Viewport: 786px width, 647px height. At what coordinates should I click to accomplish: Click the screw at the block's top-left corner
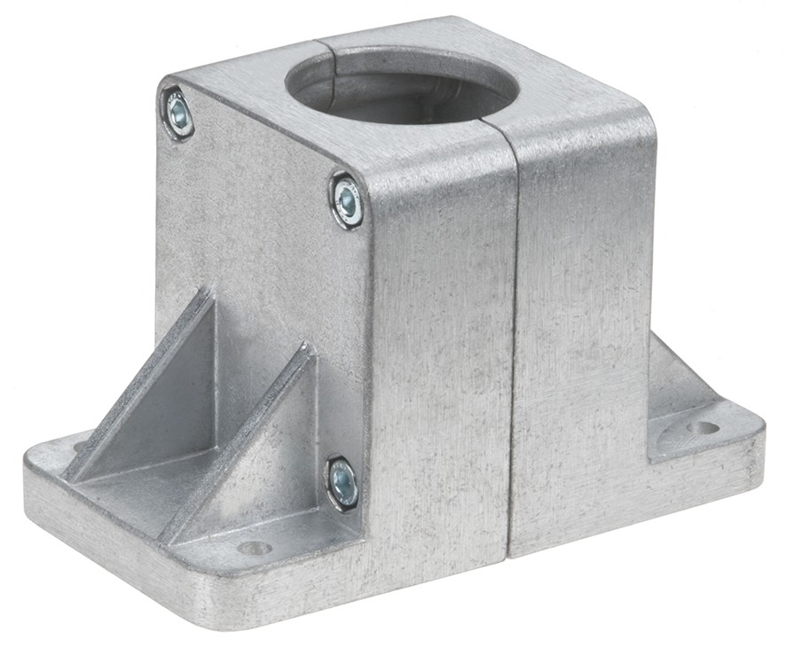pyautogui.click(x=178, y=113)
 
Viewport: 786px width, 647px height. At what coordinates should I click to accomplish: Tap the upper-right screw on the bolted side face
pyautogui.click(x=347, y=202)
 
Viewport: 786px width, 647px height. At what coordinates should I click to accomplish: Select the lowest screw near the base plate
pyautogui.click(x=342, y=483)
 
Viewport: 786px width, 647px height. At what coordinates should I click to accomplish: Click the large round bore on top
pyautogui.click(x=401, y=84)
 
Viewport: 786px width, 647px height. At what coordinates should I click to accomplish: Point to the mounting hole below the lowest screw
pyautogui.click(x=255, y=548)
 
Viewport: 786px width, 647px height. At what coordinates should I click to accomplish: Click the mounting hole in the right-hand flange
pyautogui.click(x=702, y=428)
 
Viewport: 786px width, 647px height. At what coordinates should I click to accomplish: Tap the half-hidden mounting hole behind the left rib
pyautogui.click(x=81, y=446)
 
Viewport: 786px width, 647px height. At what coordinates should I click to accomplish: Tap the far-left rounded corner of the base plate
pyautogui.click(x=34, y=461)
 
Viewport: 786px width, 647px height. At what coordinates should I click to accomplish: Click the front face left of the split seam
pyautogui.click(x=444, y=355)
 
